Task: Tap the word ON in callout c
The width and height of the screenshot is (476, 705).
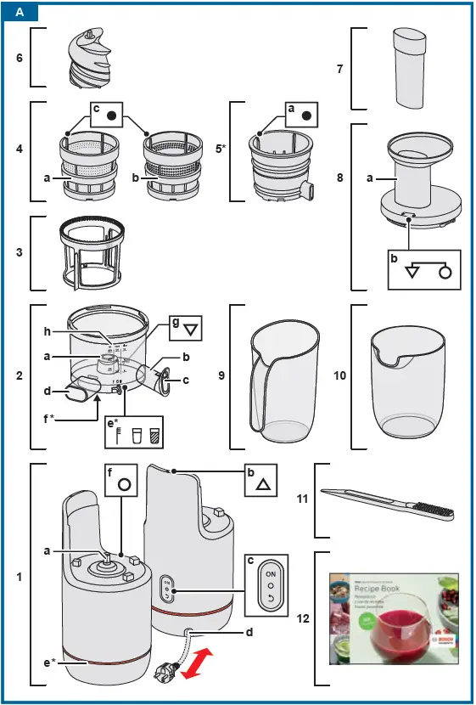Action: tap(271, 574)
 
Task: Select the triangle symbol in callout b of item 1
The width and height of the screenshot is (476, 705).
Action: tap(263, 485)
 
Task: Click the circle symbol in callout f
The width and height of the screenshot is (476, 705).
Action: tap(125, 485)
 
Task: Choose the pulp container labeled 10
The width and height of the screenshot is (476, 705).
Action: tap(408, 386)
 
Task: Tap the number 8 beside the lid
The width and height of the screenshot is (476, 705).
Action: tap(340, 178)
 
